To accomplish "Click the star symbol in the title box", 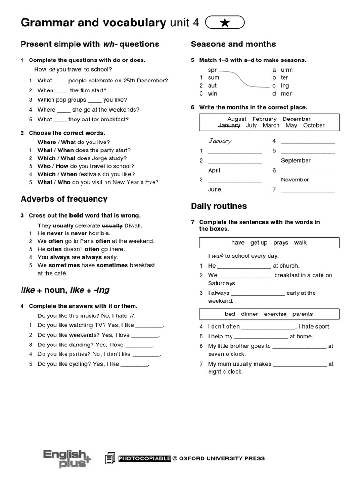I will [x=225, y=22].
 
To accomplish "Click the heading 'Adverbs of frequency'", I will [x=64, y=199].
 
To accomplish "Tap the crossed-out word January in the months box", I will [x=229, y=126].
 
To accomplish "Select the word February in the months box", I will [x=264, y=119].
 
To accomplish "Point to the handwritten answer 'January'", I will [x=219, y=141].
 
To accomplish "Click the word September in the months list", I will [x=295, y=160].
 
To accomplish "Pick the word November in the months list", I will [x=295, y=180].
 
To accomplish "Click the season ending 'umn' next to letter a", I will [x=287, y=70].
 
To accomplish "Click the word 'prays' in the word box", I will [x=281, y=242].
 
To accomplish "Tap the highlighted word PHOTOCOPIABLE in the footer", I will [x=145, y=458].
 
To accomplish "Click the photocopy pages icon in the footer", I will [x=110, y=458].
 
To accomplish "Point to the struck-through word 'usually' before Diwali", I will [x=112, y=225].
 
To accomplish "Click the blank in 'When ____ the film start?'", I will [x=61, y=90].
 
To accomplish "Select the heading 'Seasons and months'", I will [x=233, y=44].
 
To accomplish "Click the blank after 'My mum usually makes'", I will [x=299, y=364].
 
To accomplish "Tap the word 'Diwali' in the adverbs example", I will [x=133, y=225].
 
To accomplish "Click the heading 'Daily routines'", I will [x=218, y=206].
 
